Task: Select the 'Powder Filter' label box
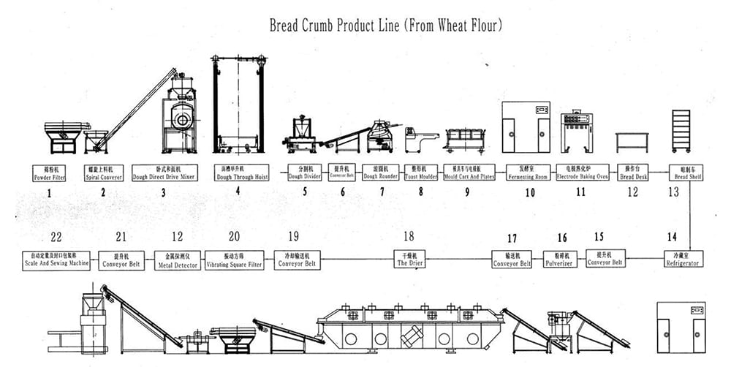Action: (50, 173)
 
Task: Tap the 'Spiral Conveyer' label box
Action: (102, 173)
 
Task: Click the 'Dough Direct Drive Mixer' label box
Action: (163, 173)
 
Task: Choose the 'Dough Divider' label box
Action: (306, 173)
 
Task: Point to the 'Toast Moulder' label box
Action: (420, 173)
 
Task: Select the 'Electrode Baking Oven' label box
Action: (582, 173)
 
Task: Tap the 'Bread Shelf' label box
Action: (687, 173)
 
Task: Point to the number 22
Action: (57, 236)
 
